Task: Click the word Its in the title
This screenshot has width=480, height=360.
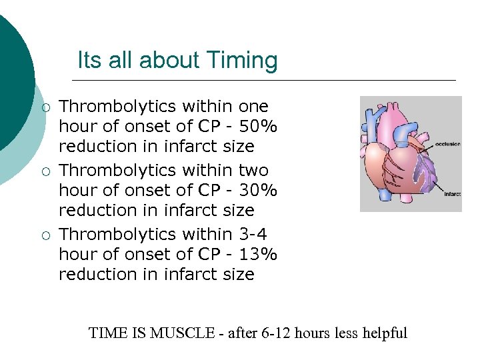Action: [x=88, y=61]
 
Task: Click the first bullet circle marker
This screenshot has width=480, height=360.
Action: [x=44, y=107]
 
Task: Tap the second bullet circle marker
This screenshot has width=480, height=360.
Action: [x=44, y=171]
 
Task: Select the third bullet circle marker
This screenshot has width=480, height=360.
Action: [x=44, y=235]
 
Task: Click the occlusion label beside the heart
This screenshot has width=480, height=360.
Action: [x=447, y=144]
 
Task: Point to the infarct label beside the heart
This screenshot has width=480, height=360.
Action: [x=453, y=194]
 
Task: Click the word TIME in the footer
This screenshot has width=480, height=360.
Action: [x=107, y=333]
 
